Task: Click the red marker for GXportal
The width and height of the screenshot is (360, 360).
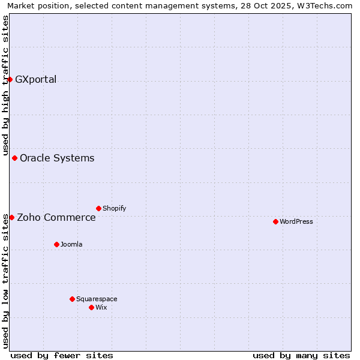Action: tap(10, 79)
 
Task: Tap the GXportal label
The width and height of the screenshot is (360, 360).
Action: tap(35, 79)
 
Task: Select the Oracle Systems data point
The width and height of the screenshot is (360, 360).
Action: tap(14, 158)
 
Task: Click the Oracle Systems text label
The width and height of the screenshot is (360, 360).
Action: tap(57, 158)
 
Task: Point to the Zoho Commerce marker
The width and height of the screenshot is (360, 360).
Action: tap(11, 217)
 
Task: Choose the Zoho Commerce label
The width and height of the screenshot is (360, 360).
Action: tap(56, 217)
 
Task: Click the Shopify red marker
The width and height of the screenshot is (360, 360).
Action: tap(98, 208)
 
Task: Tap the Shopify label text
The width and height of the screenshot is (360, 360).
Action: tap(114, 208)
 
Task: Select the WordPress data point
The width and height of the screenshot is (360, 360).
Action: tap(275, 221)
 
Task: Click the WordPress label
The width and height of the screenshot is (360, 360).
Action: tap(296, 221)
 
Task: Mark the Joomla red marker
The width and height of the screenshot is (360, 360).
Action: tap(56, 244)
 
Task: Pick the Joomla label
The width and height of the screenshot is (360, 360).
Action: tap(71, 244)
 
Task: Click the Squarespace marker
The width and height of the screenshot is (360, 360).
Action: tap(72, 299)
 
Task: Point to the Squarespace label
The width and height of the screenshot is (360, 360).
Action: tap(97, 299)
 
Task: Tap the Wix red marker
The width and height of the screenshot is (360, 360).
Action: tap(91, 307)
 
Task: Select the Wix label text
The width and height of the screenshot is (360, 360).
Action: tap(101, 307)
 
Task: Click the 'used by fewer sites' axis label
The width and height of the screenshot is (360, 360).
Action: tap(62, 355)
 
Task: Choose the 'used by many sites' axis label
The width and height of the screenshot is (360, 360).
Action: tap(301, 355)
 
